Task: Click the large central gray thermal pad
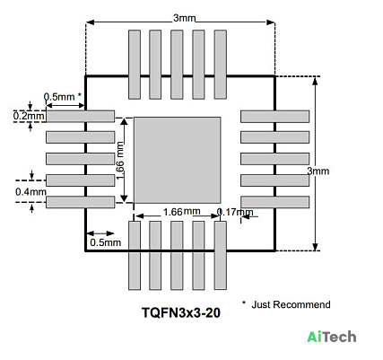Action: point(177,160)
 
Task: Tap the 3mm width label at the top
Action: point(185,18)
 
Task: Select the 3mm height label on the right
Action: point(318,171)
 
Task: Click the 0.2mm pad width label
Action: point(29,116)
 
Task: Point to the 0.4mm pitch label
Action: point(30,192)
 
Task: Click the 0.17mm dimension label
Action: point(235,212)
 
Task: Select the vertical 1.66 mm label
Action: point(120,161)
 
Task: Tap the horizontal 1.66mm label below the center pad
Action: point(181,212)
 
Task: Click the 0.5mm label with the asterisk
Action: point(63,97)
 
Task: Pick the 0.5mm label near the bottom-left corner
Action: point(106,242)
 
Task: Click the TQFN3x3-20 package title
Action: point(181,313)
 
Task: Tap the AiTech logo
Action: point(332,337)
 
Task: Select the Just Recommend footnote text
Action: point(291,304)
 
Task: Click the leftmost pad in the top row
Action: point(135,65)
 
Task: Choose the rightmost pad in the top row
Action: point(221,65)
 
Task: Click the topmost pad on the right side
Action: point(274,117)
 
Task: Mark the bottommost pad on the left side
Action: point(80,202)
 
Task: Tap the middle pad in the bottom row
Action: point(177,255)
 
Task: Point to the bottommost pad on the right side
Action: point(274,202)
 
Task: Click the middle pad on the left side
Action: point(80,159)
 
